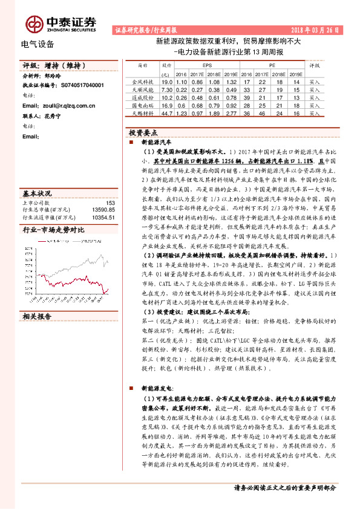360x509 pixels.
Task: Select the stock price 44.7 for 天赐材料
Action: [168, 113]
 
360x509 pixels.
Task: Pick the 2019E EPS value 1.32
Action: [230, 81]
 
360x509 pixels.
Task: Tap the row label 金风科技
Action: [143, 81]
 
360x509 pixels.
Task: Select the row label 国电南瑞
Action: [143, 105]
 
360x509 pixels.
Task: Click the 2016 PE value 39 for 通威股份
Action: [246, 97]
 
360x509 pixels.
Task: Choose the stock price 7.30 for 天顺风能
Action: [168, 89]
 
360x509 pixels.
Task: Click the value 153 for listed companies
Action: [110, 203]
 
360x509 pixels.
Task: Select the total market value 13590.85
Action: [103, 210]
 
